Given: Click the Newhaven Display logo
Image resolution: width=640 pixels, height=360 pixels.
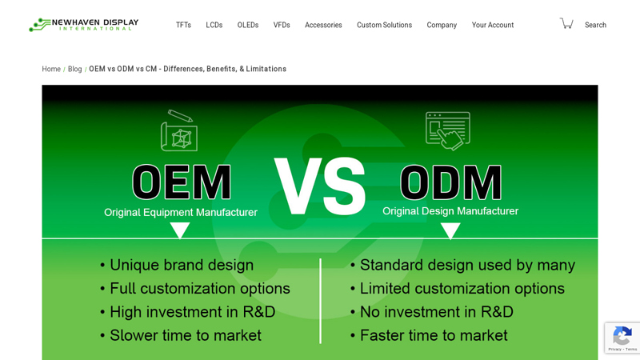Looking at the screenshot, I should (x=83, y=25).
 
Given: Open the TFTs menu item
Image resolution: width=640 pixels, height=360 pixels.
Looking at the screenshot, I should (x=183, y=25).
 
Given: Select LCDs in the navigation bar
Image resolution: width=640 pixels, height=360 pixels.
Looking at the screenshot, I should (x=214, y=25).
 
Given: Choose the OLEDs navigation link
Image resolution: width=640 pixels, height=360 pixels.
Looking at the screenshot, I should (x=247, y=25).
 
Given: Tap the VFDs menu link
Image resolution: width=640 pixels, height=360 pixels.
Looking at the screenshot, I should (x=282, y=25).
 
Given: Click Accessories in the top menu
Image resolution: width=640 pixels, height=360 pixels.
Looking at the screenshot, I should (x=323, y=25).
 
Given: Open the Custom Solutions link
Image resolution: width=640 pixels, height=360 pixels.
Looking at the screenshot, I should (x=384, y=25).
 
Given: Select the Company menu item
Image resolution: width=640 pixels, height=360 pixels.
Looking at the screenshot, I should (x=442, y=25).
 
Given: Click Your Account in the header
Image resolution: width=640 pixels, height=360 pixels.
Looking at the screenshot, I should (x=493, y=25).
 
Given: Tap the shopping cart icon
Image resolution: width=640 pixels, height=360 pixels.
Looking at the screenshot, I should (x=566, y=23).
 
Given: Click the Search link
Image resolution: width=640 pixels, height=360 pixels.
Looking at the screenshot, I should (x=595, y=25).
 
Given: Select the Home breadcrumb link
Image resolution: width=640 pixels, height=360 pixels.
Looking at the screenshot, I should (x=51, y=69).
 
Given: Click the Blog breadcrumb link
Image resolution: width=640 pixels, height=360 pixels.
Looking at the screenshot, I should (x=74, y=69).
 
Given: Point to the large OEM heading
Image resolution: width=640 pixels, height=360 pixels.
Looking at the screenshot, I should (x=182, y=182).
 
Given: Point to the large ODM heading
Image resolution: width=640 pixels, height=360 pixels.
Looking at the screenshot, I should (x=450, y=182).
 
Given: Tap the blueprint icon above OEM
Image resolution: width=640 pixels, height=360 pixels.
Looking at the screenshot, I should (x=178, y=131).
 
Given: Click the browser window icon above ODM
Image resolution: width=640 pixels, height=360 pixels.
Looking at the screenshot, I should (x=448, y=130).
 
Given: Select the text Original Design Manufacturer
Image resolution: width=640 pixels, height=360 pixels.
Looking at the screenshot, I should (x=450, y=211).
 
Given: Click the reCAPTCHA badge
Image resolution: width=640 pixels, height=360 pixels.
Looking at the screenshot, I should (x=622, y=338).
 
